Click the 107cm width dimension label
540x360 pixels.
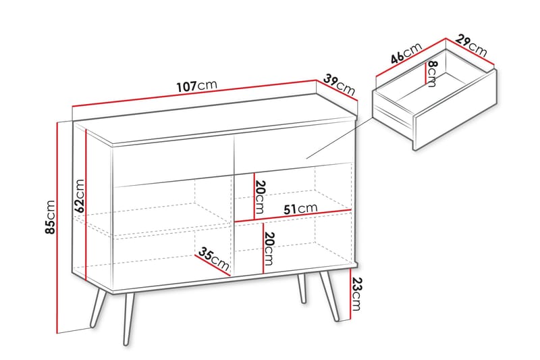click(197, 86)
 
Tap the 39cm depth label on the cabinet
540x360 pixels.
click(340, 84)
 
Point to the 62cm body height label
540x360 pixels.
click(80, 195)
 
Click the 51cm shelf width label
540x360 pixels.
click(300, 209)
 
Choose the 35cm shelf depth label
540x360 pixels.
click(214, 259)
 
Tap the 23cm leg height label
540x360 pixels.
click(357, 294)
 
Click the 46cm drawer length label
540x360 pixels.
click(406, 53)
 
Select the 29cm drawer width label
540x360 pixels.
click(471, 45)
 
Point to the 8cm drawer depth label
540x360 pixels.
click(432, 74)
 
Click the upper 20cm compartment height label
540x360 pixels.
click(261, 197)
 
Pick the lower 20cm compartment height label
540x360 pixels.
click(269, 249)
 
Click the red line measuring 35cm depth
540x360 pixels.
click(213, 265)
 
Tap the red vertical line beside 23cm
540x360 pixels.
click(350, 294)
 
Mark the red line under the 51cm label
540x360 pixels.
click(293, 215)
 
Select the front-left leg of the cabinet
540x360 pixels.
click(128, 319)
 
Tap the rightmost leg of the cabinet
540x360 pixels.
click(329, 297)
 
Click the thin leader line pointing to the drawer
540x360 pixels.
click(340, 138)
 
